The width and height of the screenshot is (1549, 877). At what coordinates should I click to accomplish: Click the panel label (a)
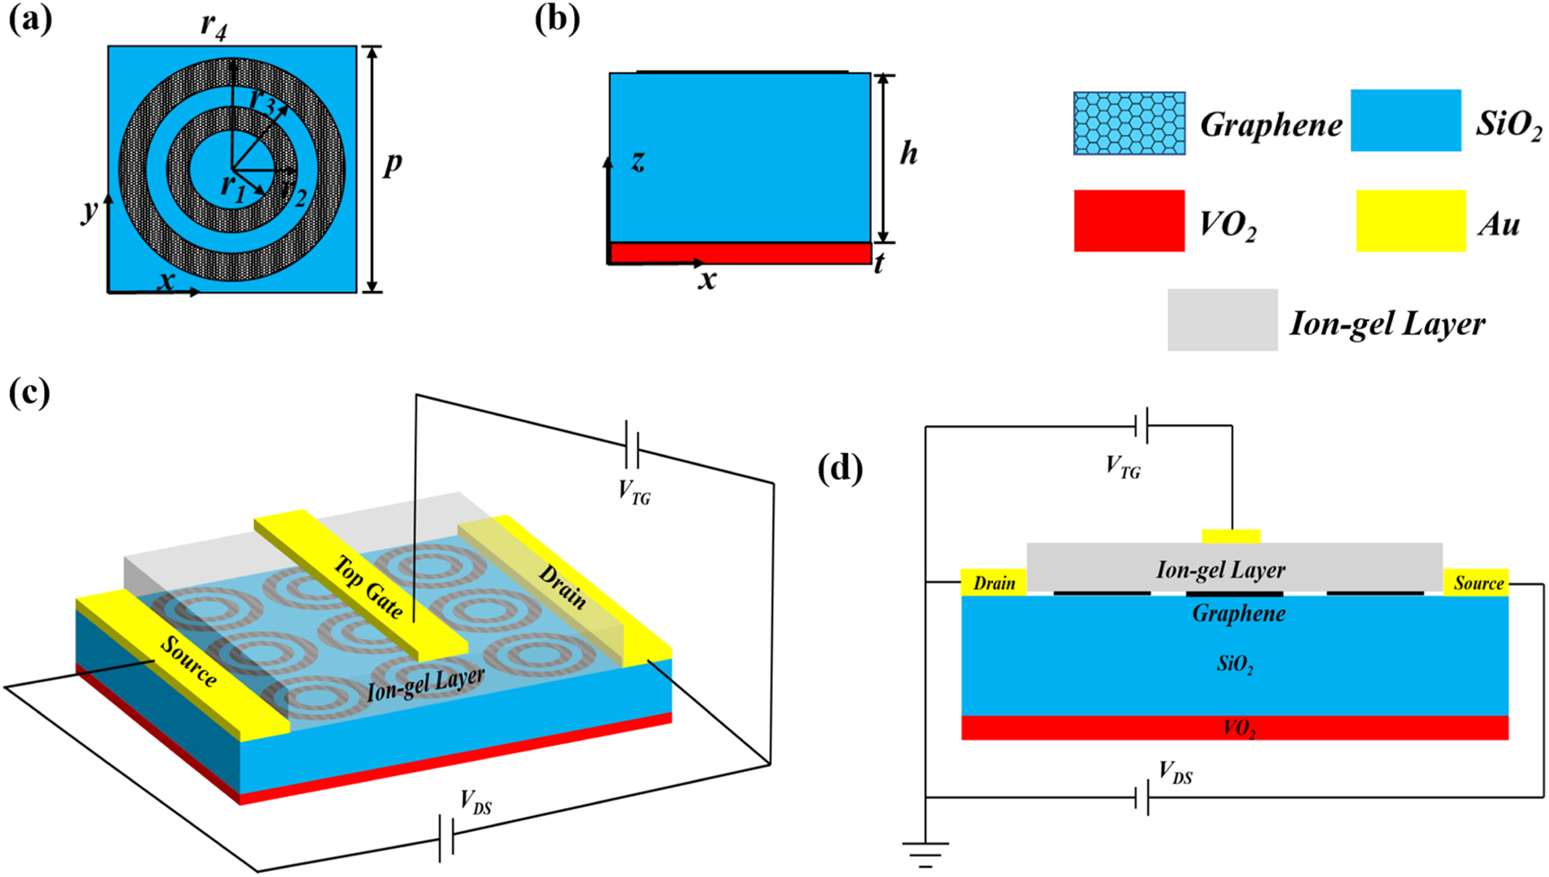coord(31,21)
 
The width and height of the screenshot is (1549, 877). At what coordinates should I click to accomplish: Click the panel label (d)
coord(840,470)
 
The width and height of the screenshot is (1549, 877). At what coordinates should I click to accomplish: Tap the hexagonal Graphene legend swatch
coord(1129,123)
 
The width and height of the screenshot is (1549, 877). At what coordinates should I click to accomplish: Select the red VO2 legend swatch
coord(1129,221)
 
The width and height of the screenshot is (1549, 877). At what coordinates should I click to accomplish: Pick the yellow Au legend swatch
coord(1411,221)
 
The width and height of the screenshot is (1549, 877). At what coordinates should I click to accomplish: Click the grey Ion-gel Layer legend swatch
coord(1222,320)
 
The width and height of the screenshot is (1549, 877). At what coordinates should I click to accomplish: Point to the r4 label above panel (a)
coord(214,26)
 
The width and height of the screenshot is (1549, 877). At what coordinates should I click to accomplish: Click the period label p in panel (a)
coord(392,163)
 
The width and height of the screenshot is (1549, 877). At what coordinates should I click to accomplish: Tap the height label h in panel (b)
coord(908,153)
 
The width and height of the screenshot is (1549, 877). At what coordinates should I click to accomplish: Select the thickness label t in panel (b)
coord(879,263)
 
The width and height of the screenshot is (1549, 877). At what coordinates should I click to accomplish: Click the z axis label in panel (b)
coord(638,161)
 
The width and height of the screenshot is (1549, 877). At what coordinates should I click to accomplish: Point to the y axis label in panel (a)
coord(90,211)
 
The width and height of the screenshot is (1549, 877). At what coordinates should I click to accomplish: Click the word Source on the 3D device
coord(189,661)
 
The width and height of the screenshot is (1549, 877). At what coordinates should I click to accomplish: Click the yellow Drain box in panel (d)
coord(994,583)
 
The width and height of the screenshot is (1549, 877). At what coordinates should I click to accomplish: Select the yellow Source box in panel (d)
coord(1477,583)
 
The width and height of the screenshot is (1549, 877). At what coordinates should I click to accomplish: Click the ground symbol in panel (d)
coord(926,853)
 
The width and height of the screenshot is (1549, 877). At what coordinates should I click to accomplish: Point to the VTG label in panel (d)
coord(1122,468)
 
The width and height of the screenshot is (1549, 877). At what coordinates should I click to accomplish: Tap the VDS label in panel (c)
coord(476,802)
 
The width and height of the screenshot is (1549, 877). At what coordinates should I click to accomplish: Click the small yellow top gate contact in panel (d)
coord(1231,536)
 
